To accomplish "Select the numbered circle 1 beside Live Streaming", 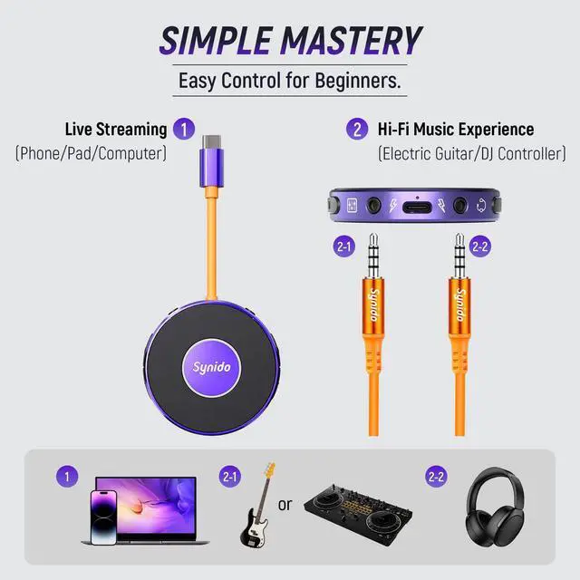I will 184,129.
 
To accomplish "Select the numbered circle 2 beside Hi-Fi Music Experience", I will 357,129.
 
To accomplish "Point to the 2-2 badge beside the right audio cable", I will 481,246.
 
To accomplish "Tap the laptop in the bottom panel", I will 151,507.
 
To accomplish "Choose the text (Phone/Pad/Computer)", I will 91,153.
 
